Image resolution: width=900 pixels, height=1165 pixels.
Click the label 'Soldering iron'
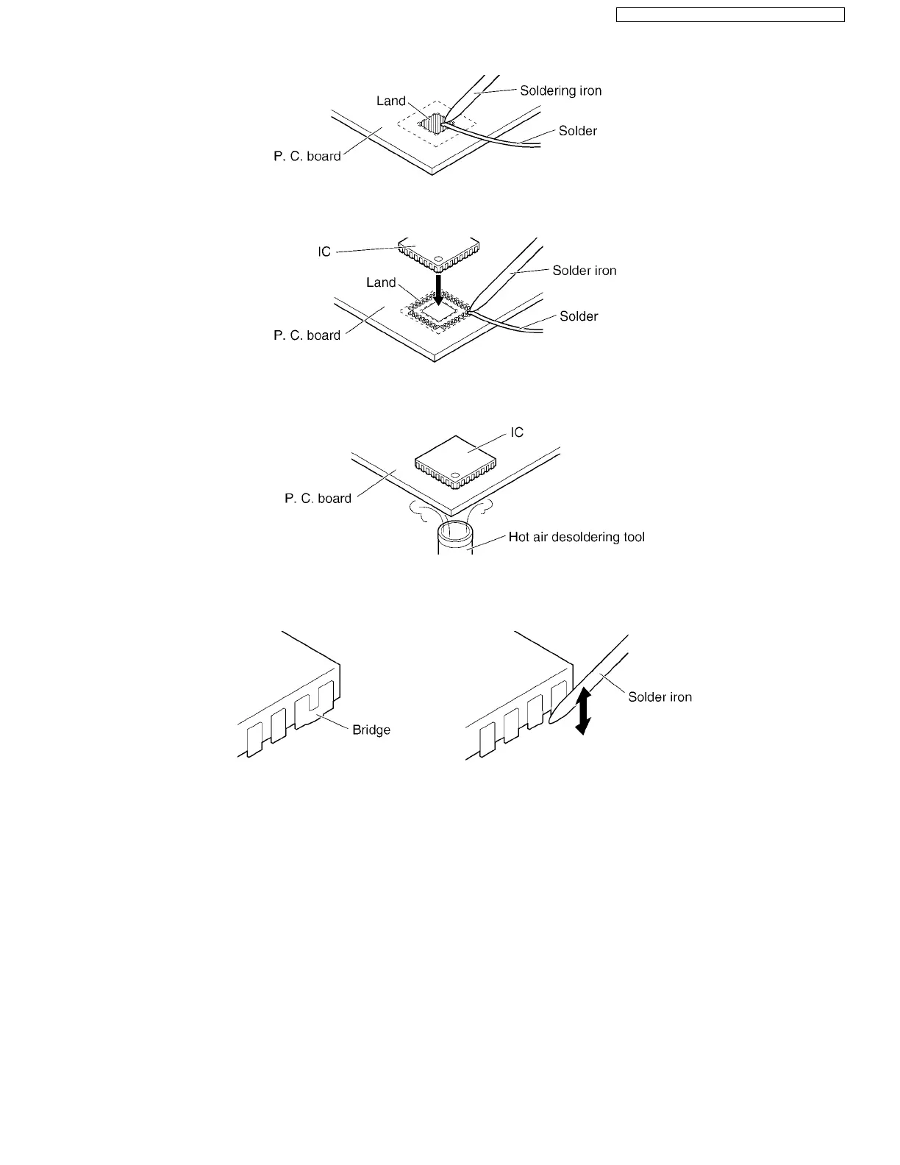click(560, 91)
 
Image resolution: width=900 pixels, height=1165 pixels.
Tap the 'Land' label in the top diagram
click(390, 101)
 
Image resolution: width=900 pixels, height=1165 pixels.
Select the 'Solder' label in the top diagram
click(577, 131)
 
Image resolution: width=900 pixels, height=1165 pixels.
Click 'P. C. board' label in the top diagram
click(307, 156)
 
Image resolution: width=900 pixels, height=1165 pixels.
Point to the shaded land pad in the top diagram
click(435, 124)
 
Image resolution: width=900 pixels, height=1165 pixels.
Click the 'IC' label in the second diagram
click(324, 252)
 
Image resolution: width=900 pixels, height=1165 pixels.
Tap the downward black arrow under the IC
click(438, 289)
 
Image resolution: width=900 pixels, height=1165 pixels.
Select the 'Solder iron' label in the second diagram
click(584, 271)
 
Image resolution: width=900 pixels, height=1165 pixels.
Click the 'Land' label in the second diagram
click(381, 282)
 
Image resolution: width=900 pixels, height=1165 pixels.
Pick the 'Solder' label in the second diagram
click(579, 316)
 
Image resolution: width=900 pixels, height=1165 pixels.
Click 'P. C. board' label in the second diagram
click(307, 335)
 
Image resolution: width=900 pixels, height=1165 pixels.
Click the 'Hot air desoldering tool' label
click(576, 537)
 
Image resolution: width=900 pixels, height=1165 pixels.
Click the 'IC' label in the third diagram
click(517, 432)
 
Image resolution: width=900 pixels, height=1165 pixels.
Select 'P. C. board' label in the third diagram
click(318, 499)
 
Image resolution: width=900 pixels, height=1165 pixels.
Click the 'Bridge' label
click(371, 730)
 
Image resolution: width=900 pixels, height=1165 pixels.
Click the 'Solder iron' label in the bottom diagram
click(660, 697)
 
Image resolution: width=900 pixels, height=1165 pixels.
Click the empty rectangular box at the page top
click(729, 15)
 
